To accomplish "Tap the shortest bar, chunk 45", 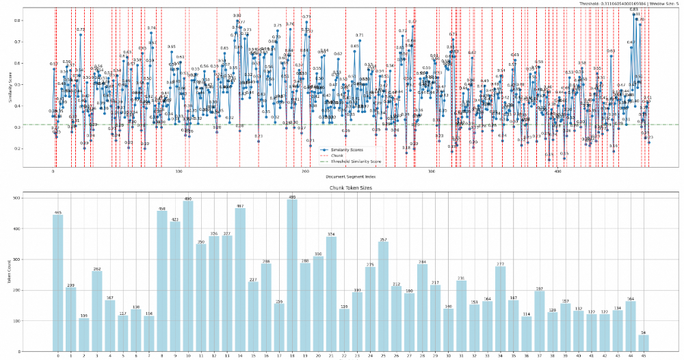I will pyautogui.click(x=643, y=343).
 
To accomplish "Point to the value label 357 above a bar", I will pyautogui.click(x=383, y=240).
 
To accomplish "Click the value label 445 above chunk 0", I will pyautogui.click(x=57, y=212).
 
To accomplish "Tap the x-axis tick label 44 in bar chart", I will pyautogui.click(x=630, y=356).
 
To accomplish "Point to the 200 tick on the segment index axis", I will pyautogui.click(x=305, y=172).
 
